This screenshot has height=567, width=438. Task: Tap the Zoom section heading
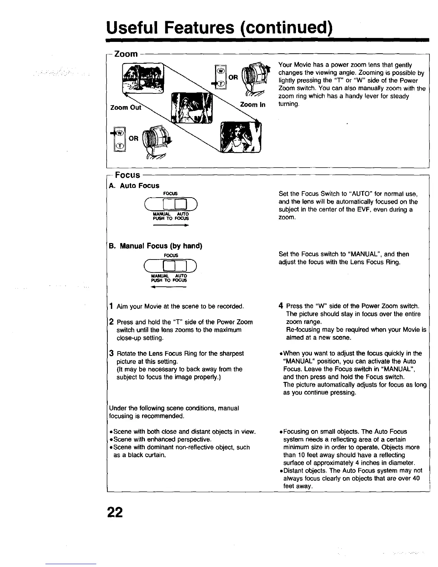point(126,54)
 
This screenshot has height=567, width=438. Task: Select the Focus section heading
point(127,175)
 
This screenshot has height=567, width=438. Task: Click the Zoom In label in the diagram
point(253,105)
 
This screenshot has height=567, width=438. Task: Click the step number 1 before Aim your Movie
point(112,306)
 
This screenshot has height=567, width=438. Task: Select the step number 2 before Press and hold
point(112,322)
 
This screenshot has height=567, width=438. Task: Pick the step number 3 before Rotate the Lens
point(112,353)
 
